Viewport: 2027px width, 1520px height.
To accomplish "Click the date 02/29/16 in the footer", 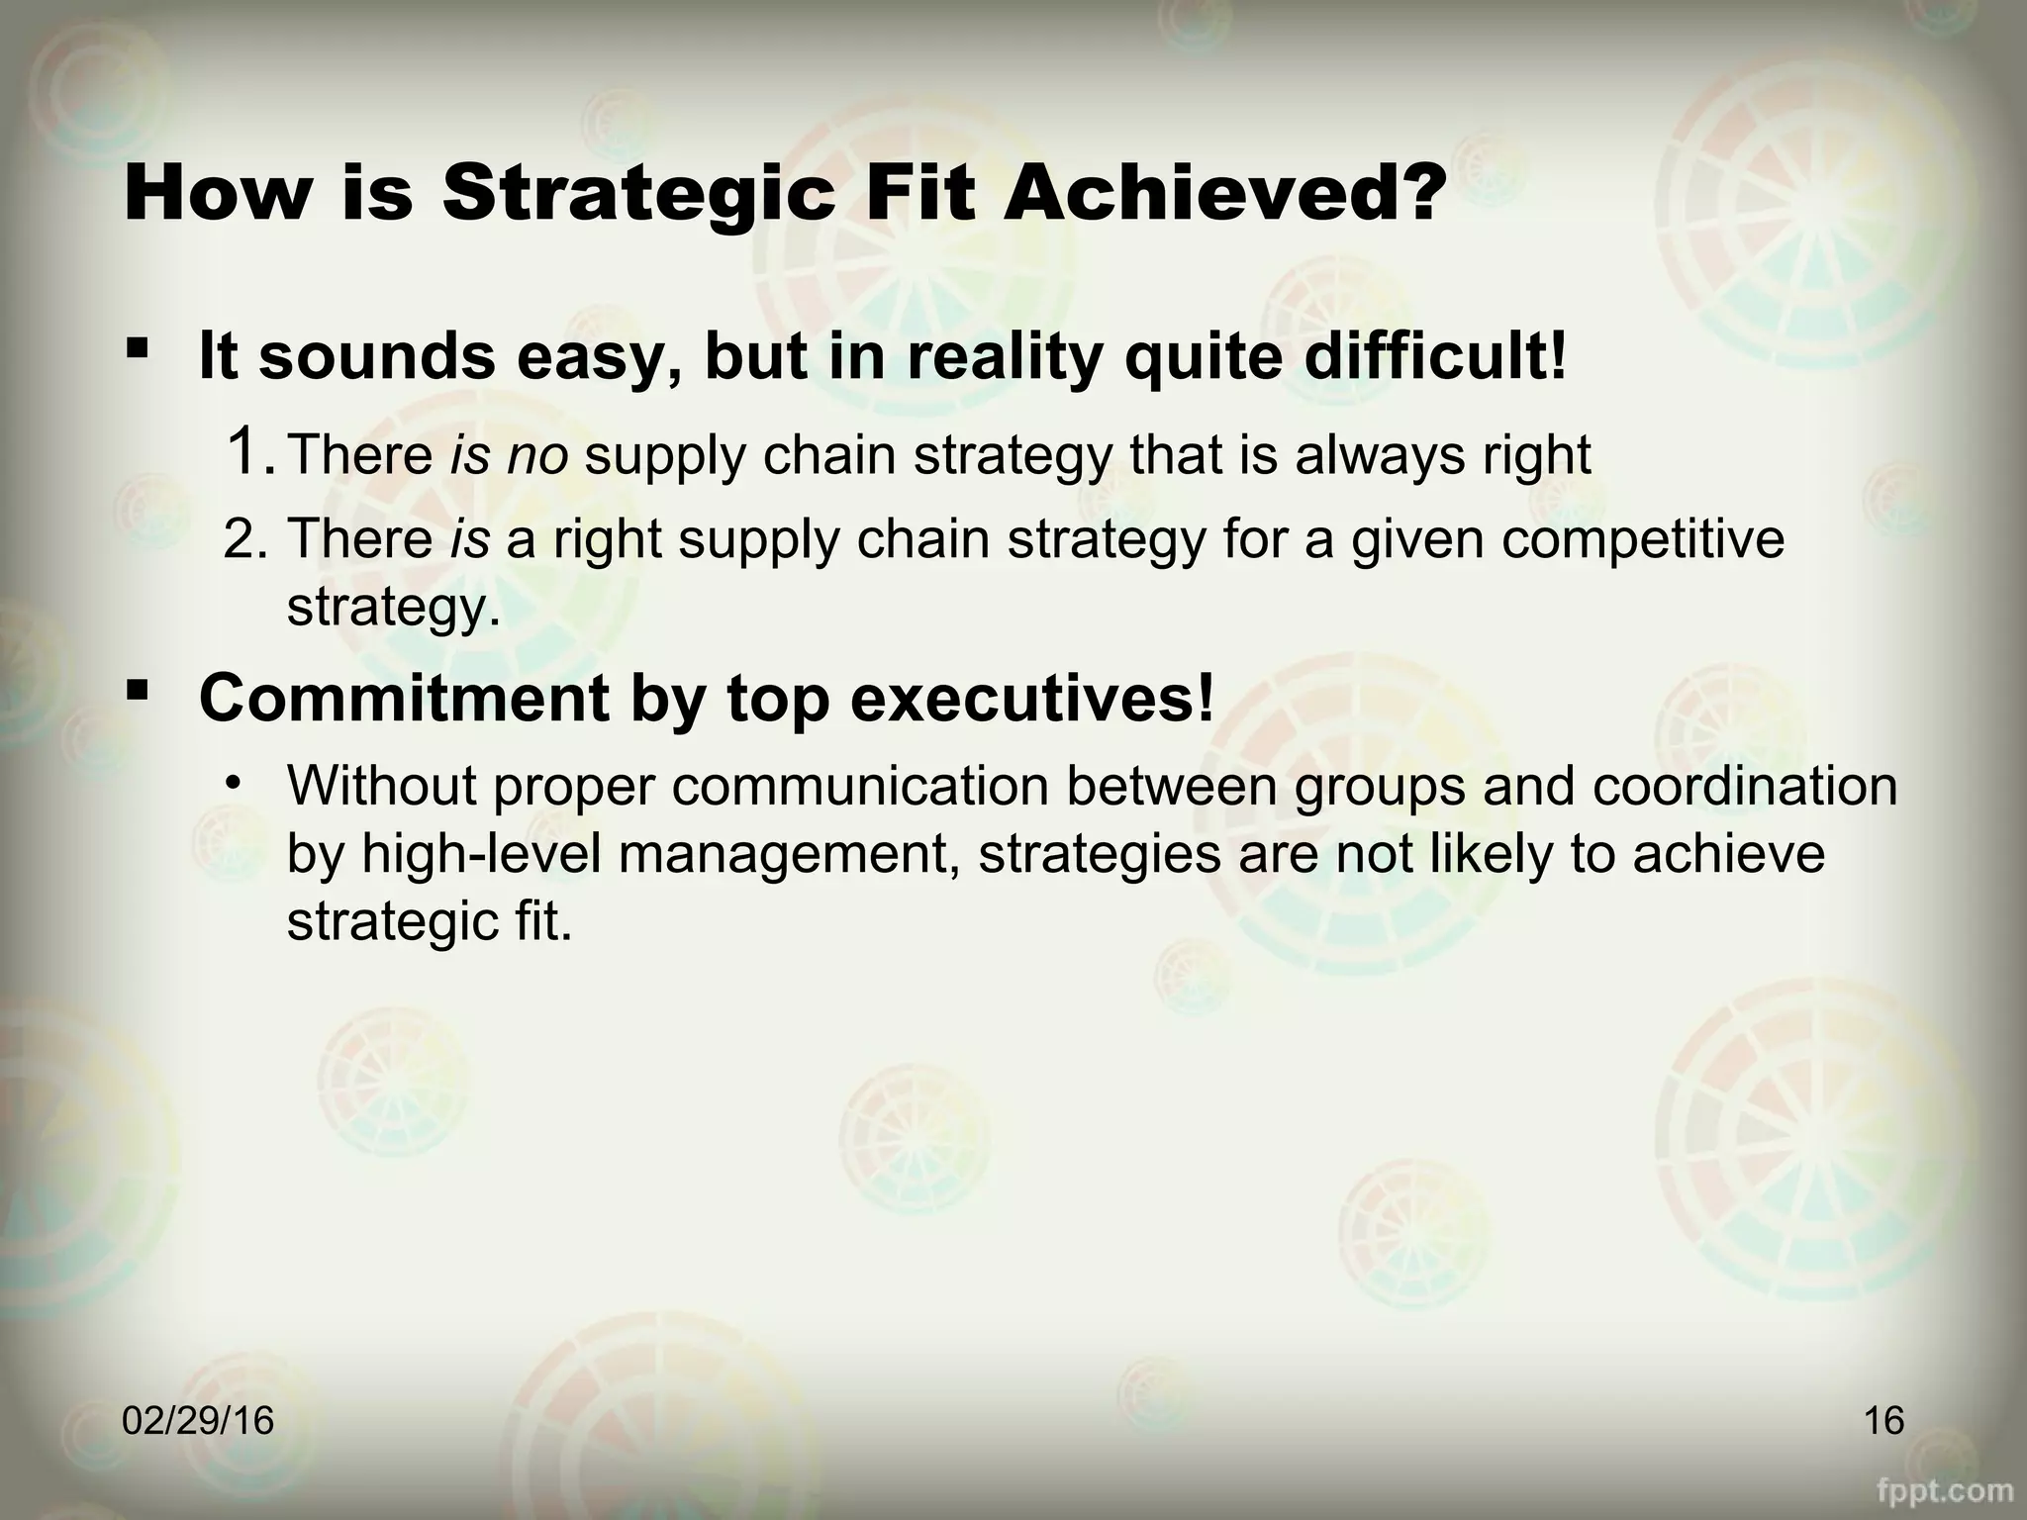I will point(198,1422).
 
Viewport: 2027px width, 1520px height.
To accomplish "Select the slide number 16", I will point(1883,1422).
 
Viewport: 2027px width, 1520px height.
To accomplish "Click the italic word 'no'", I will point(537,455).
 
